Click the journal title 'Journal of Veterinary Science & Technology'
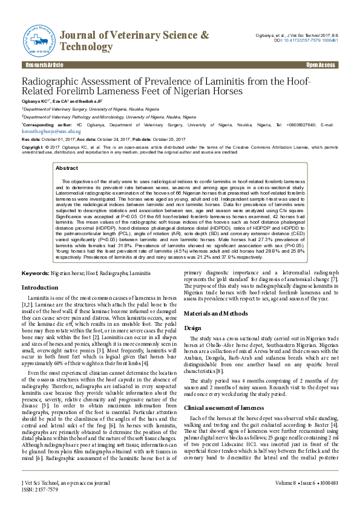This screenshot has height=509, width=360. pyautogui.click(x=135, y=41)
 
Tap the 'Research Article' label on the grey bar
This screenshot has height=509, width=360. pyautogui.click(x=44, y=65)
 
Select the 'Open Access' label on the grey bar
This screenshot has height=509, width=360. pyautogui.click(x=320, y=65)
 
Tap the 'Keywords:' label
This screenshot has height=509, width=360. pyautogui.click(x=36, y=274)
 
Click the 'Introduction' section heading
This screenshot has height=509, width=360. pyautogui.click(x=40, y=287)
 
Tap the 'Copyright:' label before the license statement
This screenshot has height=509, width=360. pyautogui.click(x=33, y=147)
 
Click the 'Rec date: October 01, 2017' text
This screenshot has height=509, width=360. pyautogui.click(x=50, y=138)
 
